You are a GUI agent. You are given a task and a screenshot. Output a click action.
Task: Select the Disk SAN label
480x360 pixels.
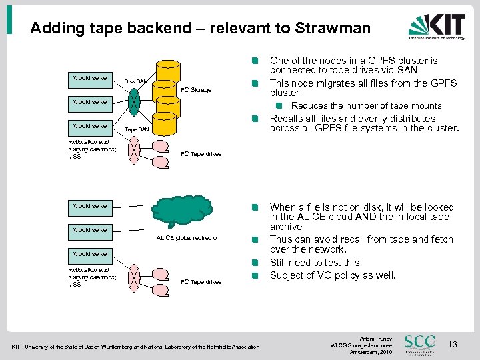(x=136, y=81)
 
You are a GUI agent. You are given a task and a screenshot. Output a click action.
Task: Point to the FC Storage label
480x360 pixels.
(x=196, y=90)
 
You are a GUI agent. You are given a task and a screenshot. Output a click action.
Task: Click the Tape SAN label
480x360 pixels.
(x=137, y=129)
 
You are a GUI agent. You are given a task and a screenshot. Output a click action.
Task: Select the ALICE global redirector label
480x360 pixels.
(x=187, y=238)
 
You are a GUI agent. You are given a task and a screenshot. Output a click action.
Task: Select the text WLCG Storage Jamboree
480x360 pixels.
(x=362, y=345)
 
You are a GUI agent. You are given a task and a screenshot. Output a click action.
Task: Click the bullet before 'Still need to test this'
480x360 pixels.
(x=255, y=263)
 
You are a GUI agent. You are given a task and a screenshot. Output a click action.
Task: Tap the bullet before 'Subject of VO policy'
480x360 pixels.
(x=255, y=276)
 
